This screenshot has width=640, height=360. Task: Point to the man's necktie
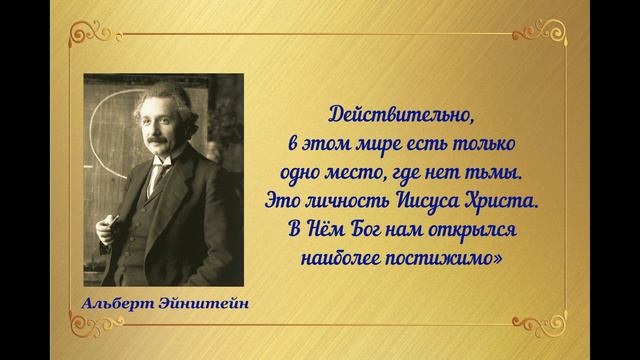(156, 181)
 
